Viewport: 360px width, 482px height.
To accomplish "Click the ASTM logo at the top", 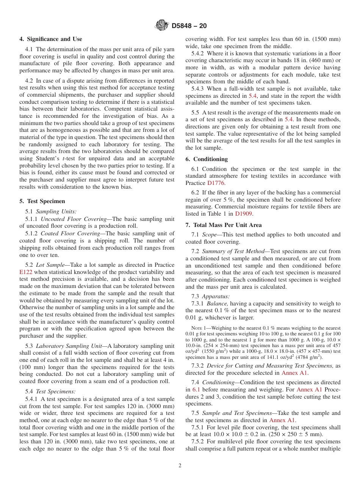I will (162, 26).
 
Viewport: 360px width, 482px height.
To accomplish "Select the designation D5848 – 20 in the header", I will (189, 26).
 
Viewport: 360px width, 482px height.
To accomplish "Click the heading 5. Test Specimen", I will (42, 201).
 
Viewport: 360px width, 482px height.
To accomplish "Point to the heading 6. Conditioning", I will (207, 159).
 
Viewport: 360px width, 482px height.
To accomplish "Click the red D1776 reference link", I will (216, 183).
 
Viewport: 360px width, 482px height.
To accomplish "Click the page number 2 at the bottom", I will (180, 466).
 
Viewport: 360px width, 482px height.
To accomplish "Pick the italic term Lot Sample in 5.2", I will (50, 265).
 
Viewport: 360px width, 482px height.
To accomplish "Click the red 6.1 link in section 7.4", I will (196, 390).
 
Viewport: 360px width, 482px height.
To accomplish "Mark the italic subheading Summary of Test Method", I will (234, 251).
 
